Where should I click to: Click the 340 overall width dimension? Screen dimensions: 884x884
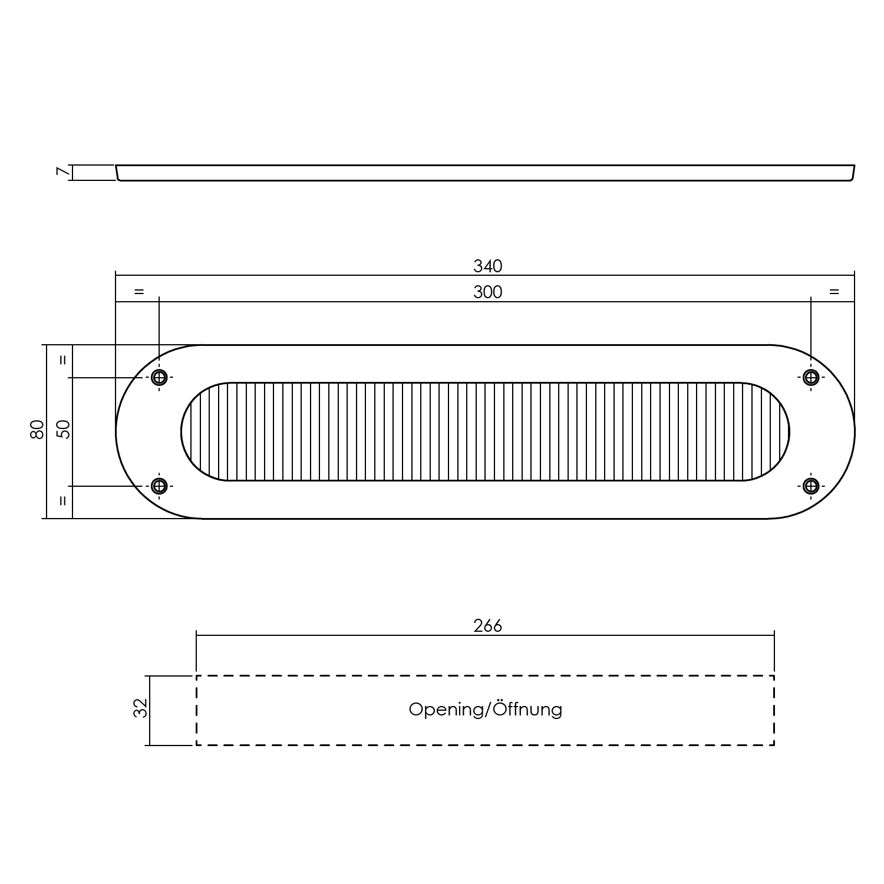click(487, 266)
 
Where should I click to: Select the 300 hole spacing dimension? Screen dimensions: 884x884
click(487, 292)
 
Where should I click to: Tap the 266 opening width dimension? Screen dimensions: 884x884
click(487, 625)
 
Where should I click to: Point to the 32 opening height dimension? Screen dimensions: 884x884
click(140, 708)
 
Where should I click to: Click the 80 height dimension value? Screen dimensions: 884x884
click(37, 430)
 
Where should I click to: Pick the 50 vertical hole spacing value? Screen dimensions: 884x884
click(64, 430)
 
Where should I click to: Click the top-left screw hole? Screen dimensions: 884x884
click(159, 377)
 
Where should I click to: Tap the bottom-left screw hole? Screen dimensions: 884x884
click(159, 486)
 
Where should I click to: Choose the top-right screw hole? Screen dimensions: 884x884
click(811, 377)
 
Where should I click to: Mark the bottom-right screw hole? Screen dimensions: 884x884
click(811, 486)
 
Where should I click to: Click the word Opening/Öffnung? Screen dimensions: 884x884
click(485, 709)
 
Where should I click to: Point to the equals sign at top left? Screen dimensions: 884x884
click(138, 292)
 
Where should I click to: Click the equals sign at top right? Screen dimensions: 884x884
click(833, 292)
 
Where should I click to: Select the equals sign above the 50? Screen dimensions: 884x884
click(64, 359)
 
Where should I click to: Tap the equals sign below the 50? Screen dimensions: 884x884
click(64, 502)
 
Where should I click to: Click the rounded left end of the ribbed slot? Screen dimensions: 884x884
click(192, 432)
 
